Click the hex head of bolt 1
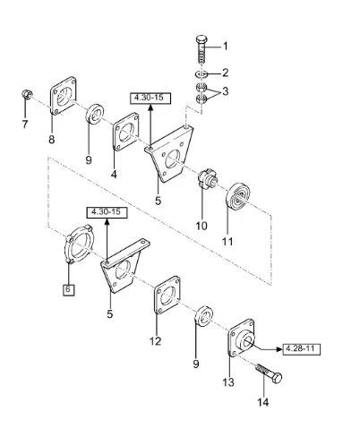pyautogui.click(x=201, y=39)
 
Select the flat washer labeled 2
pyautogui.click(x=201, y=73)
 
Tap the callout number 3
pyautogui.click(x=226, y=91)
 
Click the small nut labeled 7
pyautogui.click(x=26, y=95)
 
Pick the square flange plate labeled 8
pyautogui.click(x=63, y=96)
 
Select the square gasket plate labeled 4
pyautogui.click(x=126, y=133)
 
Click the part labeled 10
pyautogui.click(x=208, y=178)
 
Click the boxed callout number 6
pyautogui.click(x=69, y=289)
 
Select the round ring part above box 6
pyautogui.click(x=79, y=245)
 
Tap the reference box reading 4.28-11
pyautogui.click(x=301, y=348)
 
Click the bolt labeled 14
pyautogui.click(x=269, y=373)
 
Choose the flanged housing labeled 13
pyautogui.click(x=242, y=338)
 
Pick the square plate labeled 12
pyautogui.click(x=167, y=296)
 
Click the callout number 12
pyautogui.click(x=155, y=341)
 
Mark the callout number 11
pyautogui.click(x=227, y=242)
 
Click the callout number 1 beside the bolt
pyautogui.click(x=226, y=47)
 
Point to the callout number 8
pyautogui.click(x=52, y=140)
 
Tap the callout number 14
pyautogui.click(x=262, y=402)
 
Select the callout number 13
pyautogui.click(x=228, y=382)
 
